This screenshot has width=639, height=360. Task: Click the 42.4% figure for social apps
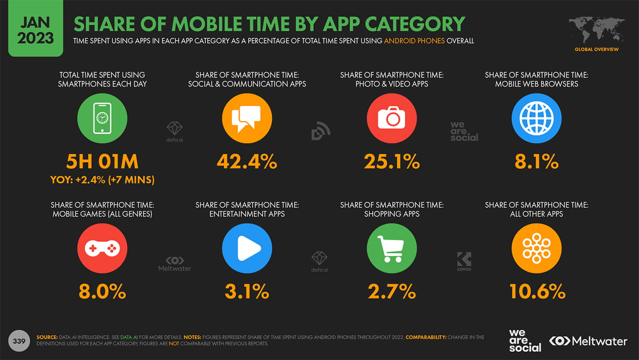[247, 162]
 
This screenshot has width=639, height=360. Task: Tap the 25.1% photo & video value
[392, 162]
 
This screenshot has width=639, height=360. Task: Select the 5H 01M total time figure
[102, 162]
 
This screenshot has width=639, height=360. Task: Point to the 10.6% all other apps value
[537, 292]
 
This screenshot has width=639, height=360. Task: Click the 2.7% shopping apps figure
[392, 292]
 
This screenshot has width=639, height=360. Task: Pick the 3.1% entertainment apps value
[247, 292]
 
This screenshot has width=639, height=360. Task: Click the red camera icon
[392, 118]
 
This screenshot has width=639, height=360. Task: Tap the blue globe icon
[536, 118]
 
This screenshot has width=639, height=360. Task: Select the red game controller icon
[102, 248]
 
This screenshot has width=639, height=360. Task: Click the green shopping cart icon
[392, 248]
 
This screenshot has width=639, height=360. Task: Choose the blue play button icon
[247, 248]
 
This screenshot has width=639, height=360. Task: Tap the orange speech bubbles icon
[247, 118]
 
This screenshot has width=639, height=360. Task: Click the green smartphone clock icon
[102, 118]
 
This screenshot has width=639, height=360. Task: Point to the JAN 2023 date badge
[35, 29]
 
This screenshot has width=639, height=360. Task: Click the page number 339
[18, 341]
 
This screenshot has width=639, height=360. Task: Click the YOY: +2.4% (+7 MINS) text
[102, 180]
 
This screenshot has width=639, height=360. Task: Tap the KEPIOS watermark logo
[464, 261]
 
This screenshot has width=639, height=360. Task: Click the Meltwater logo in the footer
[588, 341]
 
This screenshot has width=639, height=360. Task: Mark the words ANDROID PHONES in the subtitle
[414, 41]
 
